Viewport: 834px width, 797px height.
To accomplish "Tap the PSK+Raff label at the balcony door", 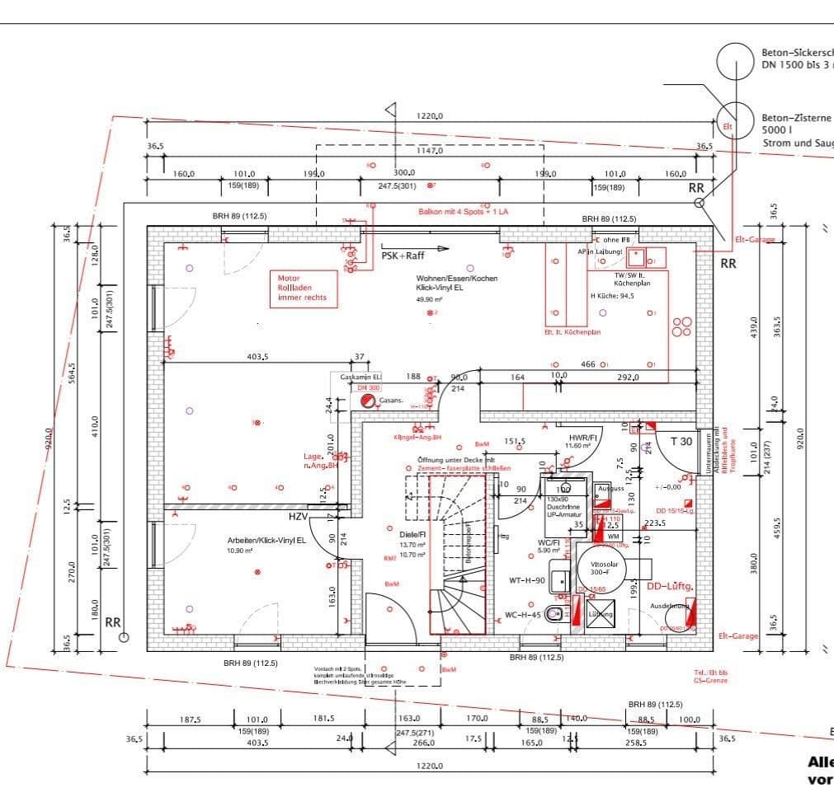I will point(403,256).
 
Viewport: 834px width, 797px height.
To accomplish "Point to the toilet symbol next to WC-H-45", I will point(558,613).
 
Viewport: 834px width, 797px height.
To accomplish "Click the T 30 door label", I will point(681,442).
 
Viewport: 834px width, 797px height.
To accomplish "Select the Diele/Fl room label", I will point(412,534).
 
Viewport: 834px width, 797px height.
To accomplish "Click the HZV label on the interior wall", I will point(298,517).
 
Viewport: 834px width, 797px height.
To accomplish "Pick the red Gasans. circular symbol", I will point(366,401).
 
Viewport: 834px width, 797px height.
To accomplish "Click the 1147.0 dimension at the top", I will point(429,151).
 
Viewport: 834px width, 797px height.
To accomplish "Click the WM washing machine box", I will point(613,536).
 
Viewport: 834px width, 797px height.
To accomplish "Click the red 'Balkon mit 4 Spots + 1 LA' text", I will point(463,212).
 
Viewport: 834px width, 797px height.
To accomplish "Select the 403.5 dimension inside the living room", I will point(257,357).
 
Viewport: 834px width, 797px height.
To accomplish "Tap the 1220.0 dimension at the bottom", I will point(429,765).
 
